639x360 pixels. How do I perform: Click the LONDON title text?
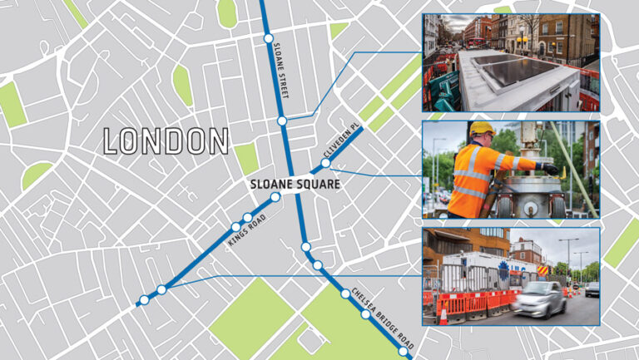(166, 141)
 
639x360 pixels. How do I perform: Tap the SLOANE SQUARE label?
(295, 184)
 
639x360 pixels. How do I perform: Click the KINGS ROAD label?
(246, 233)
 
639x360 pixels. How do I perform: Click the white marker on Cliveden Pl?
(326, 164)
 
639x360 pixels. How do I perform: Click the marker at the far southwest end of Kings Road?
(144, 299)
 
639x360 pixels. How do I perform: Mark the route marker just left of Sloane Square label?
(275, 197)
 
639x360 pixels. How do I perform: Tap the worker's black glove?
(550, 168)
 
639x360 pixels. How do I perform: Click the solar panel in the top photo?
(508, 72)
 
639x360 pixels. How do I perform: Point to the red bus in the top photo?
(477, 32)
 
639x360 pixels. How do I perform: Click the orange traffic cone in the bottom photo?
(443, 315)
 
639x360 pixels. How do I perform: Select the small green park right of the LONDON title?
(246, 158)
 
